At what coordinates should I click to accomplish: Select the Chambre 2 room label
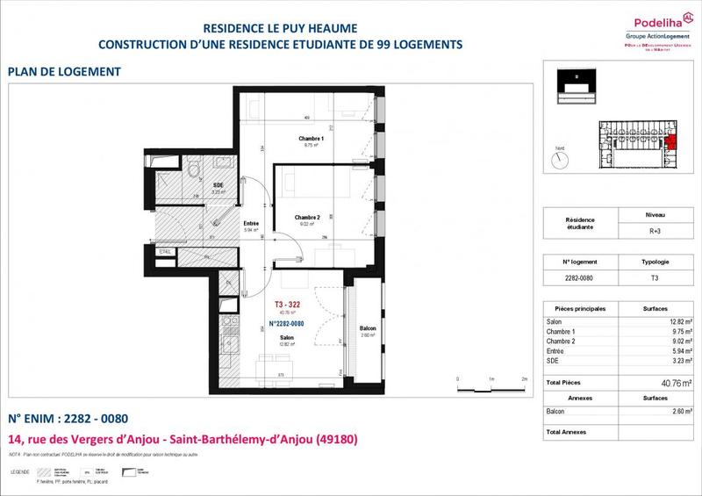point(308,217)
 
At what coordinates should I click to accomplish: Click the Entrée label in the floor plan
point(251,223)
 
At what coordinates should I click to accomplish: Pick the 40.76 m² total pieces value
point(676,384)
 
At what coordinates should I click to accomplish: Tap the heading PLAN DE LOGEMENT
point(63,71)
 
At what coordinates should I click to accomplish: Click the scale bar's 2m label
point(524,378)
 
